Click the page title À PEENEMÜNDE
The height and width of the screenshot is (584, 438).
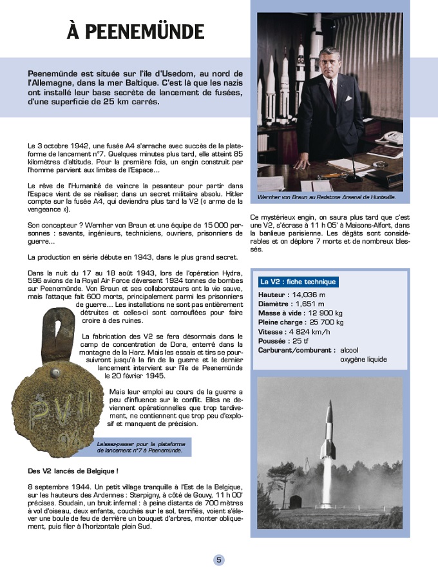(x=135, y=31)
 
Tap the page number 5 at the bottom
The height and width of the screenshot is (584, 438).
(x=219, y=560)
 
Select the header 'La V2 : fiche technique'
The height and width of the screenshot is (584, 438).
(x=297, y=282)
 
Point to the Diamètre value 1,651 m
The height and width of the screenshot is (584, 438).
(x=310, y=304)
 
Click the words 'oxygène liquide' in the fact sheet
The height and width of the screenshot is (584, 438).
(x=363, y=359)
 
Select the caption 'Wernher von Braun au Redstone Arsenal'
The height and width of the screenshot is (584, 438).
(x=326, y=197)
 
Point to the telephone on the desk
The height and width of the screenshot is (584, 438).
(x=389, y=138)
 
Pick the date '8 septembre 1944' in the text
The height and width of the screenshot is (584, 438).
(x=61, y=485)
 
